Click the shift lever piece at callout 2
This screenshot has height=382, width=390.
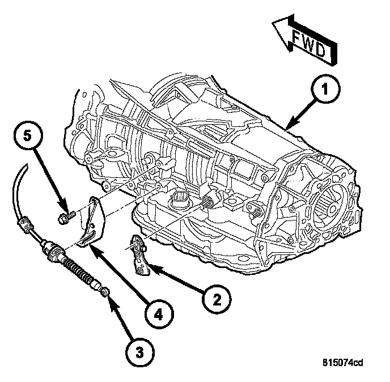[x=138, y=255]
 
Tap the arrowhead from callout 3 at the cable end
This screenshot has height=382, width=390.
[x=109, y=299]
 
